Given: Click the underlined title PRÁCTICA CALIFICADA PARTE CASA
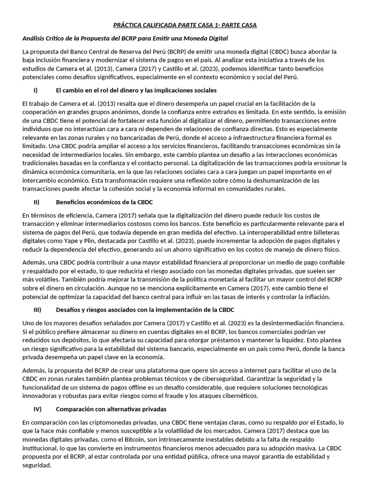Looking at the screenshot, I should (x=185, y=25).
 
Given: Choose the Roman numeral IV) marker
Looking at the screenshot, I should (x=37, y=409).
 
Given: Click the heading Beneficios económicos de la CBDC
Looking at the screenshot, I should (x=104, y=202).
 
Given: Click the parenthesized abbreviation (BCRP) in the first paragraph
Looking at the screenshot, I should (x=177, y=51).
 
